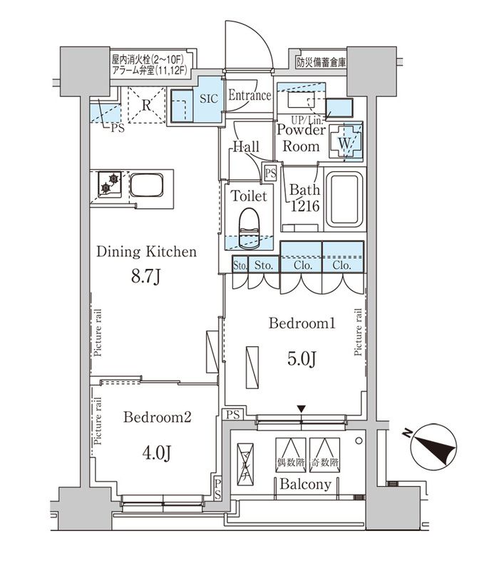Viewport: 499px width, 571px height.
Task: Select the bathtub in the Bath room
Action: [344, 199]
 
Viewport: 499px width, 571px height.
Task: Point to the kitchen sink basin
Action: [147, 189]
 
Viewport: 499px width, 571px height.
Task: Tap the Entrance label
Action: [249, 96]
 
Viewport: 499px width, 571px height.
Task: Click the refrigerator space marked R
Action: [145, 105]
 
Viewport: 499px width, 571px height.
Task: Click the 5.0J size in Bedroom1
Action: [302, 358]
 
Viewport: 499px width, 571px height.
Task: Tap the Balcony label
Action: [304, 485]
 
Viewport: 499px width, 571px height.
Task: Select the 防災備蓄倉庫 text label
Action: [320, 62]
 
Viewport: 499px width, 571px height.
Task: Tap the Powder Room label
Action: [301, 136]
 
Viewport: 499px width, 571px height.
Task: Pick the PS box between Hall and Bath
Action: [270, 172]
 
